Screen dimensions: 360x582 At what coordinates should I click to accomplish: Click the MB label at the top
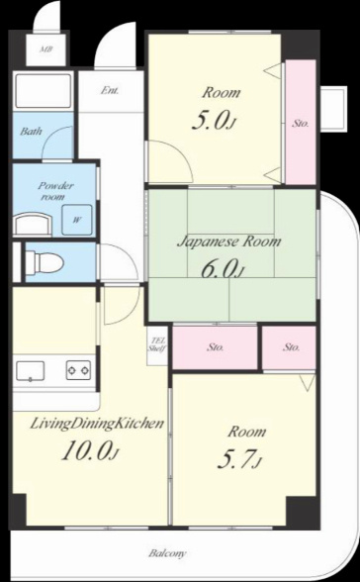pos(45,48)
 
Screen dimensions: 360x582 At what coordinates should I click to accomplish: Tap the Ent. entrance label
pos(110,90)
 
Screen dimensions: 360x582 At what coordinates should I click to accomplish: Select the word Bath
pos(31,131)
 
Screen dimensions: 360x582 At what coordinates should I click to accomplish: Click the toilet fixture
pos(45,262)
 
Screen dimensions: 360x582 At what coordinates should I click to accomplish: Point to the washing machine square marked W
pos(77,220)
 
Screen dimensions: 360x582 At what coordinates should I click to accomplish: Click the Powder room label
pos(55,191)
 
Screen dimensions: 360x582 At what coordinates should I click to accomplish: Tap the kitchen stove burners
pos(78,370)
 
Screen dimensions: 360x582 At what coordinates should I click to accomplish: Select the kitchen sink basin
pos(30,371)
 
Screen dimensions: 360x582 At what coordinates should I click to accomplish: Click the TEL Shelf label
pos(157,344)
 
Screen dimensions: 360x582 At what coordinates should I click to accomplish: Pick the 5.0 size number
pos(209,121)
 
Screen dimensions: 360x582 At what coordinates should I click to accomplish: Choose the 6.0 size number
pos(219,269)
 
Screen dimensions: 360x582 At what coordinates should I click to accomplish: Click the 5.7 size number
pos(236,459)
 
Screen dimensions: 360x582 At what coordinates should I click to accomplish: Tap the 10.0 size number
pos(87,451)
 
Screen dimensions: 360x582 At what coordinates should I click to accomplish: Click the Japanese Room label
pos(228,242)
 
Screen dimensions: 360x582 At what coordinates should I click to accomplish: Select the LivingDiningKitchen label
pos(97,424)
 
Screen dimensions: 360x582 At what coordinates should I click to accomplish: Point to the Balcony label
pos(167,553)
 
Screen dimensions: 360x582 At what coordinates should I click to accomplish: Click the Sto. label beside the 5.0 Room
pos(300,124)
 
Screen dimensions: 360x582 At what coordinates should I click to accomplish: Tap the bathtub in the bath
pos(42,91)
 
